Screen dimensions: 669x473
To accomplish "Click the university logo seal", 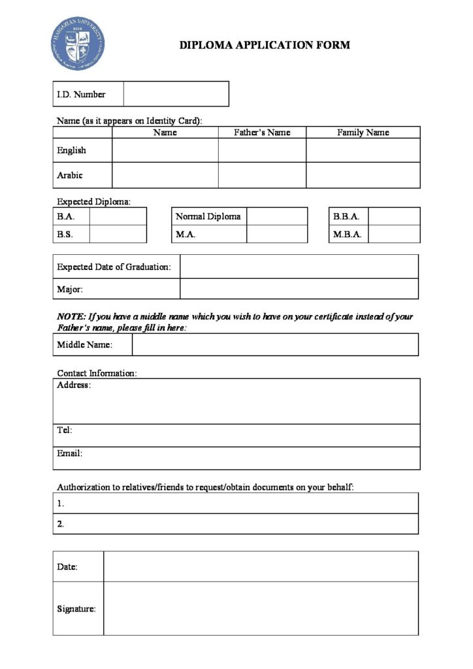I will [x=78, y=44].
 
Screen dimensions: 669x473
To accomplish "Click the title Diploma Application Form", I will [x=265, y=45].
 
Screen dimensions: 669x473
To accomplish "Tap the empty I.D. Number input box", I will [x=176, y=94].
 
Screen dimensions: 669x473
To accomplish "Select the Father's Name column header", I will [x=262, y=133].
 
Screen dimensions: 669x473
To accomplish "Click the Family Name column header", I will [x=363, y=133].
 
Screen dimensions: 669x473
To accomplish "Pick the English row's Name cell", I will [x=165, y=150].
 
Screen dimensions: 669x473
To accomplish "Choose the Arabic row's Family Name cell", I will [x=363, y=175].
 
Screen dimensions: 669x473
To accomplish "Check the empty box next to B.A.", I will [x=118, y=216].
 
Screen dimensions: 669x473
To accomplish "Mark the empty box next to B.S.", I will [x=118, y=234].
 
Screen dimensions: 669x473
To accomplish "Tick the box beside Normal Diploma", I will [x=276, y=216].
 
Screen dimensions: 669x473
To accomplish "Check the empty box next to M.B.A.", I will [x=394, y=234].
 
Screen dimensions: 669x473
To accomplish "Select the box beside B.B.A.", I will [x=394, y=216].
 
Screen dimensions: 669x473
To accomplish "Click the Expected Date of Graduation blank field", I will [x=299, y=267].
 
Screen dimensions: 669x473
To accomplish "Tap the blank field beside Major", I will [x=299, y=289].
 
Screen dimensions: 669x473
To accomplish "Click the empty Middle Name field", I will [x=275, y=345].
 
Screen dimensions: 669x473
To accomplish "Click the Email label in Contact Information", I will [x=70, y=453].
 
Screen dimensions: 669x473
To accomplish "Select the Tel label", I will [x=65, y=430].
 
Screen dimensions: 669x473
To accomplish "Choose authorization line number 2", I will [x=235, y=524].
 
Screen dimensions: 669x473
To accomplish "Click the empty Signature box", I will [x=261, y=608].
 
